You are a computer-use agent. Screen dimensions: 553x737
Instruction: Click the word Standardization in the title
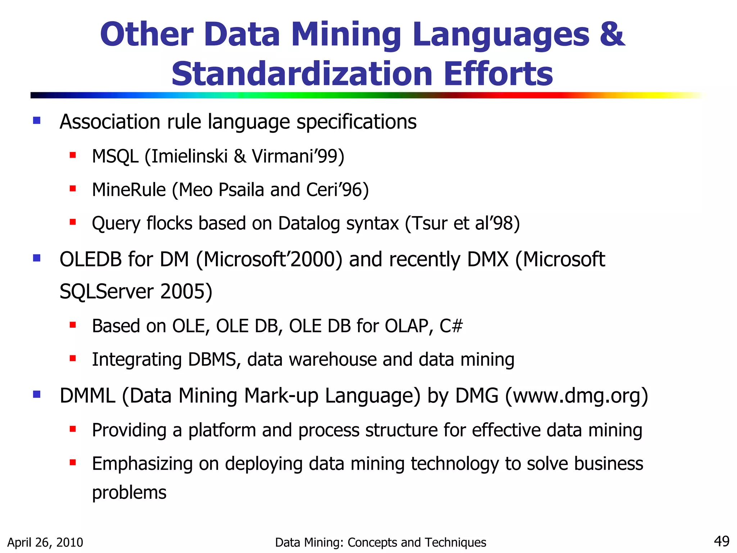tap(302, 74)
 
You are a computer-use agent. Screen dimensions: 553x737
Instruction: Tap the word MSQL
tap(115, 157)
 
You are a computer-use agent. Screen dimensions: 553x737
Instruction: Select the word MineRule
tap(129, 190)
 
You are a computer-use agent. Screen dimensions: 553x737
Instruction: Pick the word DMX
tap(488, 259)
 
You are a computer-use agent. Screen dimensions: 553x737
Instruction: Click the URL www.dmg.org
tap(577, 396)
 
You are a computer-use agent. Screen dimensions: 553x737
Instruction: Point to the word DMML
tap(87, 396)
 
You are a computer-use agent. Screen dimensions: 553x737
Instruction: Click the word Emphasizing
tap(142, 464)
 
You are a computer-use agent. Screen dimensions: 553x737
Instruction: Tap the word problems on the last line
tap(129, 493)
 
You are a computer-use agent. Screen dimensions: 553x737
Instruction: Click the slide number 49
tap(721, 541)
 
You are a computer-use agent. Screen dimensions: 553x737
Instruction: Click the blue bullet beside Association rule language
tap(36, 120)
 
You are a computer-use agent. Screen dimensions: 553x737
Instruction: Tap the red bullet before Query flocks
tap(73, 222)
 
